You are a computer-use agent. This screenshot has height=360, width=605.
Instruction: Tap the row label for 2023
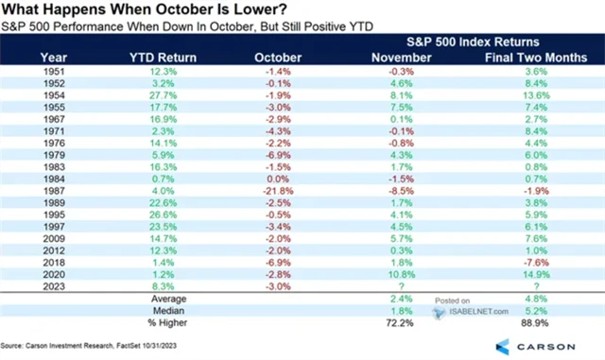(56, 285)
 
